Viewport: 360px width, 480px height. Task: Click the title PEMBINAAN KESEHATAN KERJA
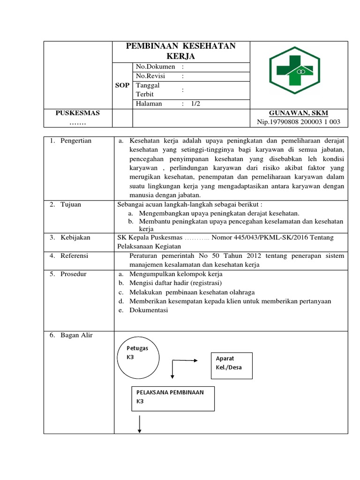click(x=181, y=51)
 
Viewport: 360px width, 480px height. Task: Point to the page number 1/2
click(x=195, y=104)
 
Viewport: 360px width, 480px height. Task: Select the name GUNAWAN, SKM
click(x=299, y=113)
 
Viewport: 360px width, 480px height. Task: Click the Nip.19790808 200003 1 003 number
click(x=299, y=122)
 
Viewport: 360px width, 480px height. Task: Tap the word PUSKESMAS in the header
click(x=78, y=113)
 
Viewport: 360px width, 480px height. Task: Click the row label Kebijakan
click(x=75, y=238)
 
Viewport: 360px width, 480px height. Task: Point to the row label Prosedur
click(x=73, y=274)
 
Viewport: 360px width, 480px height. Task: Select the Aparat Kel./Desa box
click(x=232, y=365)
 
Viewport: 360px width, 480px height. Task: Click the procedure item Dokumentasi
click(x=149, y=310)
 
